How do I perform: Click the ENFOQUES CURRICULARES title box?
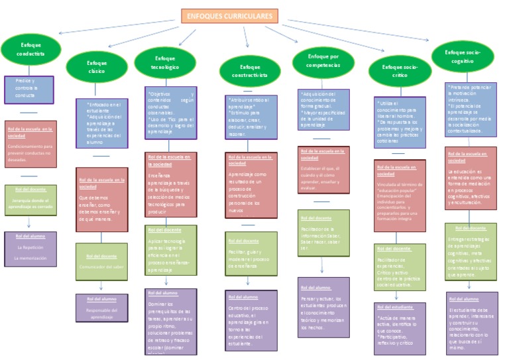(229, 17)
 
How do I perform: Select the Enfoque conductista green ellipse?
(31, 50)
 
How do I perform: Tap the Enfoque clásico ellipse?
(97, 66)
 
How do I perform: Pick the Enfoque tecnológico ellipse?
(165, 62)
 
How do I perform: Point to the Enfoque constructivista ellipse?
(251, 71)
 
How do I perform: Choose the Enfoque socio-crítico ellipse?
(400, 71)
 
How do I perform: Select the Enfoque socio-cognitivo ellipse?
(463, 56)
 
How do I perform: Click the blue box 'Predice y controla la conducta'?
(28, 89)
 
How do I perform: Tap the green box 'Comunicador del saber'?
(101, 262)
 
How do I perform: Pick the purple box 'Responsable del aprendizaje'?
(101, 308)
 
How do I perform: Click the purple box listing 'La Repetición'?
(30, 250)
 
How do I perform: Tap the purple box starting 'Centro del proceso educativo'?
(251, 320)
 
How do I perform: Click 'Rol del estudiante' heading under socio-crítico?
(394, 307)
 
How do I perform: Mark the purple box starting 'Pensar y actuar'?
(323, 306)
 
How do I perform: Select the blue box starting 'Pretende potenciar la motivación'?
(471, 109)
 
